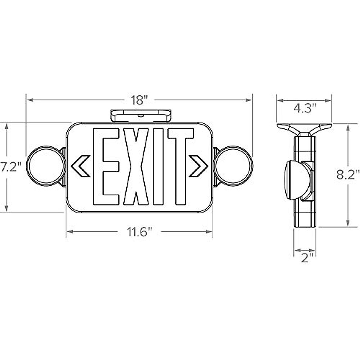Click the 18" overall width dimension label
point(139,100)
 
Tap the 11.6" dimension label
point(139,232)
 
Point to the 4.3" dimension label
point(305,108)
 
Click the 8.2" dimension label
point(348,175)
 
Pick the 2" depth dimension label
point(305,258)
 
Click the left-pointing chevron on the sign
point(80,166)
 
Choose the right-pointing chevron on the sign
point(198,166)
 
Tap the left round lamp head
point(46,166)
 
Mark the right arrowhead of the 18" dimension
point(249,100)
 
